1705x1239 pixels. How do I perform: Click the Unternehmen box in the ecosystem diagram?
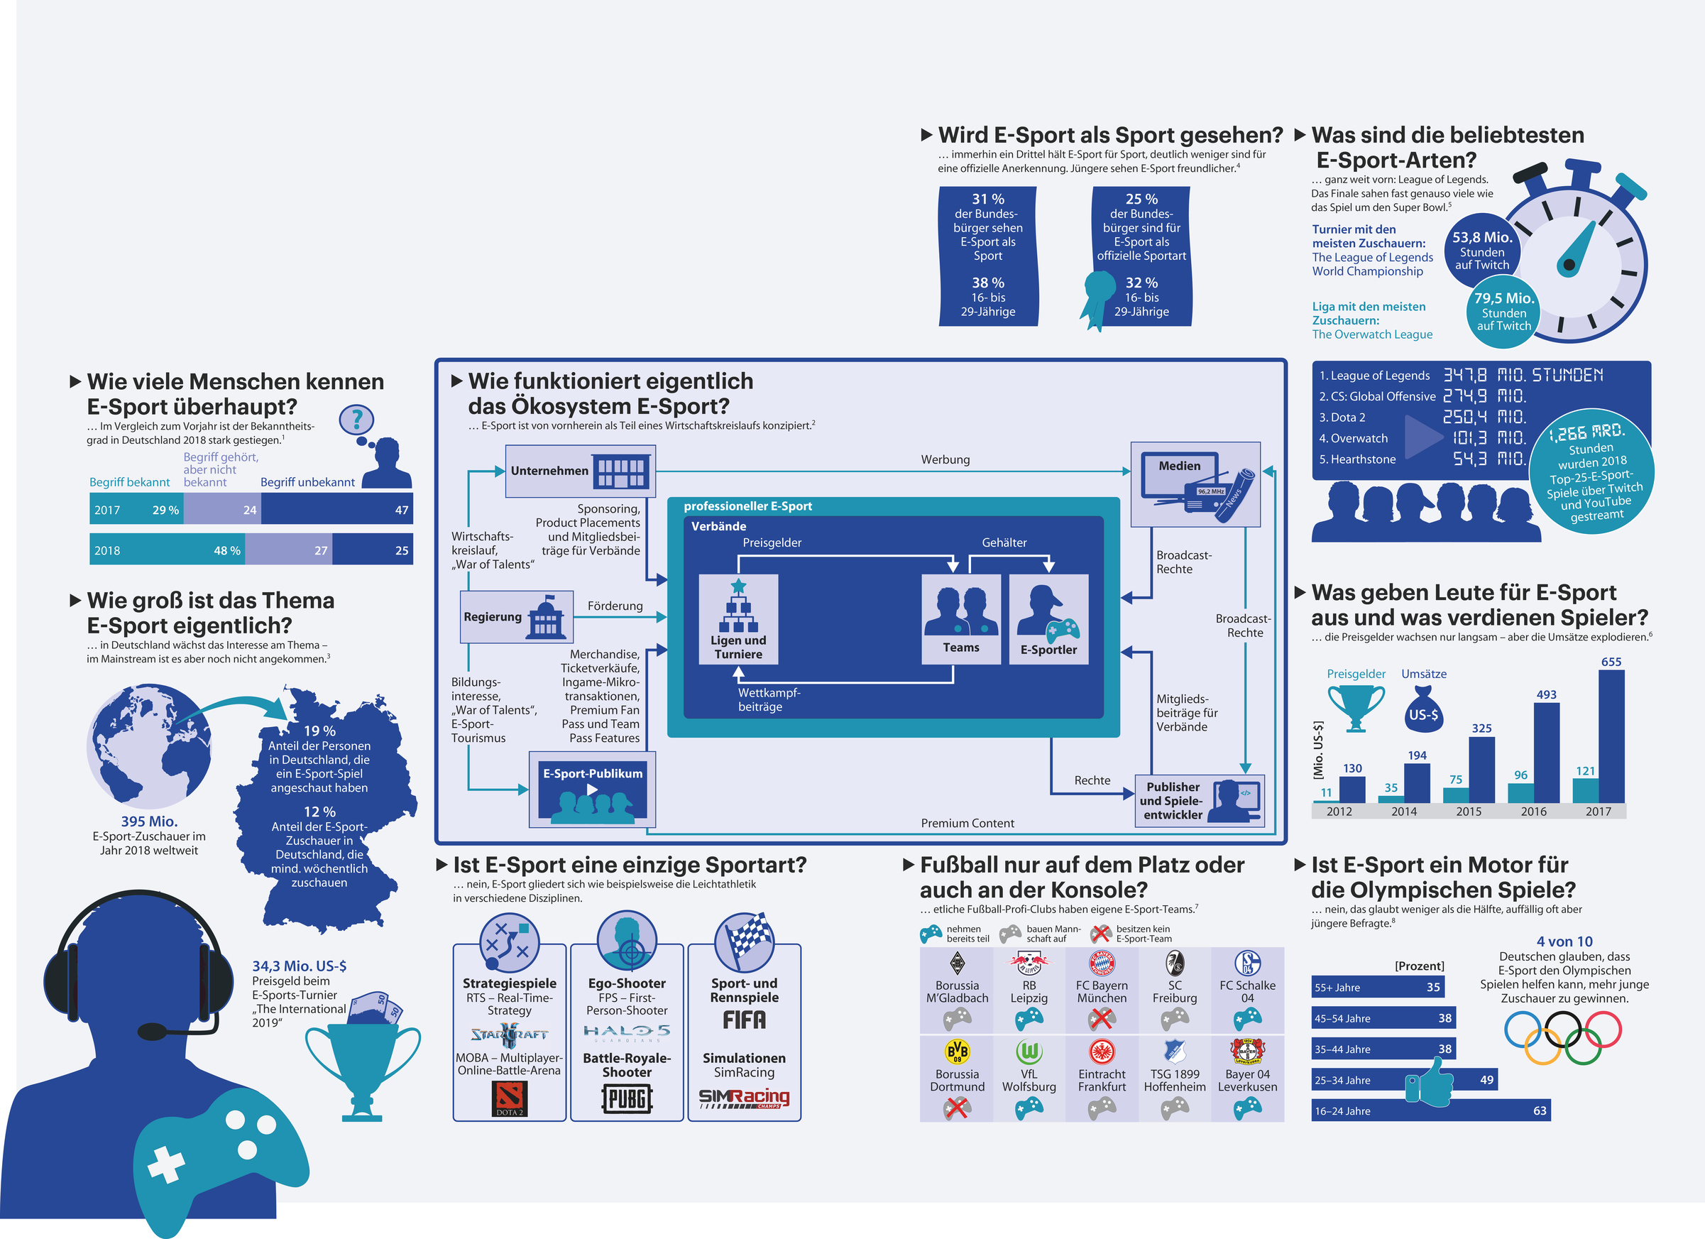(x=580, y=471)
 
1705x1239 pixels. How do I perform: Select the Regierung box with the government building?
(x=517, y=616)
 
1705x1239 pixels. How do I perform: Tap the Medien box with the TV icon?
(x=1195, y=484)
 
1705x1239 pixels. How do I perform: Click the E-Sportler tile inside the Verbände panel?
(x=1048, y=619)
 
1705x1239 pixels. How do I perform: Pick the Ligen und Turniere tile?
(x=738, y=619)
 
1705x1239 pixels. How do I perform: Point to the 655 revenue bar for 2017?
(x=1611, y=736)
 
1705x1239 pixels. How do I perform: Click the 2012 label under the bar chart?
(x=1339, y=812)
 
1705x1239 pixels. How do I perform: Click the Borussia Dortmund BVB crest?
(x=957, y=1051)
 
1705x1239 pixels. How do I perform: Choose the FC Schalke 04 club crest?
(x=1247, y=963)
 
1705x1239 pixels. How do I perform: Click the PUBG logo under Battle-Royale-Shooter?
(x=626, y=1099)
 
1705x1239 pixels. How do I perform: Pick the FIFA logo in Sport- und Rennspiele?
(x=744, y=1020)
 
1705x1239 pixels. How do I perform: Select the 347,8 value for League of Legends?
(x=1465, y=375)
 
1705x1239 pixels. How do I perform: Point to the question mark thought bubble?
(x=357, y=420)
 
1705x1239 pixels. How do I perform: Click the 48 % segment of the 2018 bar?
(x=167, y=550)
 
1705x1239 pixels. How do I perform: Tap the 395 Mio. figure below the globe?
(x=149, y=822)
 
